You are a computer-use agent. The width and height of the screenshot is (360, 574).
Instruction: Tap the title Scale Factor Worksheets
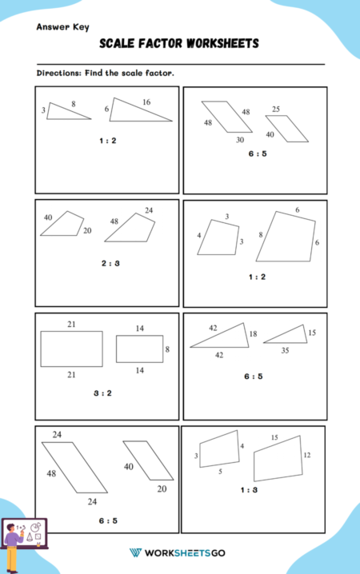[179, 44]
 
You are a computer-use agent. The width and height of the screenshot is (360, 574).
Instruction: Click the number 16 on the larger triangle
[146, 102]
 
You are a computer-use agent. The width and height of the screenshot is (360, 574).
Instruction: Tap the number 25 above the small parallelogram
[276, 109]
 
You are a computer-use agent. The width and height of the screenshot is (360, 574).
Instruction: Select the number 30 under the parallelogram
[240, 139]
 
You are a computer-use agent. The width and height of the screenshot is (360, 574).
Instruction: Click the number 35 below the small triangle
[286, 350]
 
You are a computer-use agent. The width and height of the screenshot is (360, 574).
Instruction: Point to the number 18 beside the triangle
[254, 333]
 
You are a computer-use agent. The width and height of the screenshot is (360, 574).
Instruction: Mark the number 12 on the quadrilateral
[306, 454]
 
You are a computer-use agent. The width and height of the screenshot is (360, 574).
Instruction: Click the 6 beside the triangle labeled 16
[106, 109]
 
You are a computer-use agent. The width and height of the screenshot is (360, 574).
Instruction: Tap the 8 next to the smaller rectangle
[167, 349]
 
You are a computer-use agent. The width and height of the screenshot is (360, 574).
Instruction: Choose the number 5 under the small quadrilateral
[221, 472]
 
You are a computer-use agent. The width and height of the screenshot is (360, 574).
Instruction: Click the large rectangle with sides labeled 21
[71, 348]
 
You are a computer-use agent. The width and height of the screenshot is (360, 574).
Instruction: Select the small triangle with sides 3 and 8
[66, 113]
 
